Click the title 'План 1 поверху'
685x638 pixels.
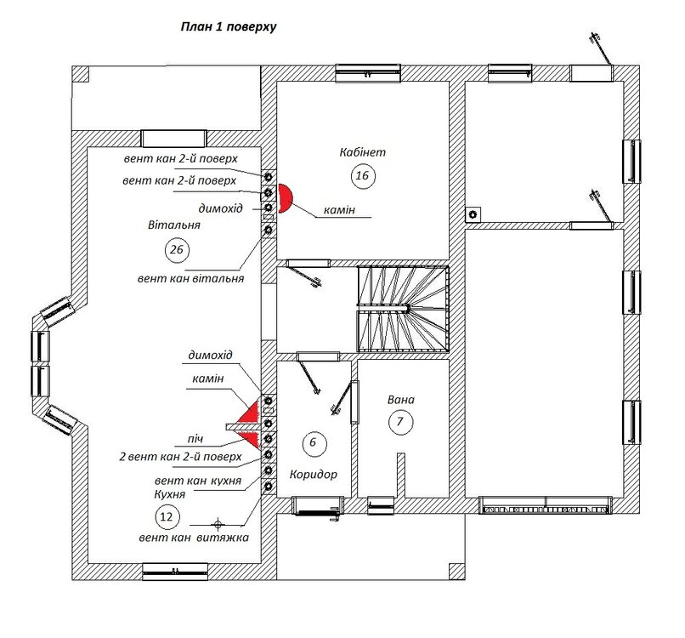pyautogui.click(x=229, y=27)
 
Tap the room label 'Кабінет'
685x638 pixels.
pyautogui.click(x=363, y=152)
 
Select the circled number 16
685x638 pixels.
pyautogui.click(x=363, y=176)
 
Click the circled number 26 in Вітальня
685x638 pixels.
pyautogui.click(x=177, y=250)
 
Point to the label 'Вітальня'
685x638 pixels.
pyautogui.click(x=174, y=225)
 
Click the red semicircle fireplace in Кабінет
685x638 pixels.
pyautogui.click(x=286, y=198)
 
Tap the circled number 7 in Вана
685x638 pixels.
pyautogui.click(x=399, y=422)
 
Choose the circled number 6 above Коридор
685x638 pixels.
pyautogui.click(x=313, y=442)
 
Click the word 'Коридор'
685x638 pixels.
pyautogui.click(x=314, y=475)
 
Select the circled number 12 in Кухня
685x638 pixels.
pyautogui.click(x=167, y=517)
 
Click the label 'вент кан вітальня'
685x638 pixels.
pyautogui.click(x=190, y=278)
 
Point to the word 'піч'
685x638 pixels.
pyautogui.click(x=195, y=439)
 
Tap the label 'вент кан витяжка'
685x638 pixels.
pyautogui.click(x=194, y=538)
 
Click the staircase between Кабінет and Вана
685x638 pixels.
pyautogui.click(x=403, y=309)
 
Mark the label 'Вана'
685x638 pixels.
pyautogui.click(x=401, y=400)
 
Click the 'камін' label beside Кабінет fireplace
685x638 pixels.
pyautogui.click(x=339, y=210)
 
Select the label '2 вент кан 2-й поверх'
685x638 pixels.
pyautogui.click(x=180, y=457)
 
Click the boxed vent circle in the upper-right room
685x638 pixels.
pyautogui.click(x=473, y=214)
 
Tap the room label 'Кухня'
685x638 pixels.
pyautogui.click(x=169, y=494)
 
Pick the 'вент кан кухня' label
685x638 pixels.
pyautogui.click(x=198, y=481)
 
